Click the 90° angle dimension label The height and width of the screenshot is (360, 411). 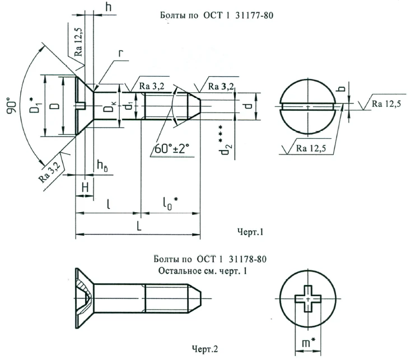pos(12,104)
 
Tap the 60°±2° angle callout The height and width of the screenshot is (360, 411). pos(170,148)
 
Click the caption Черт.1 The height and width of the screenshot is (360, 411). pos(250,230)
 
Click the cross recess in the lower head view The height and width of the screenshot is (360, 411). pos(307,299)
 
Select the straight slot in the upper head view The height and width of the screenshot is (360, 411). pos(308,106)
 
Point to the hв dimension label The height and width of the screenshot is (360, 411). pos(102,165)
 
